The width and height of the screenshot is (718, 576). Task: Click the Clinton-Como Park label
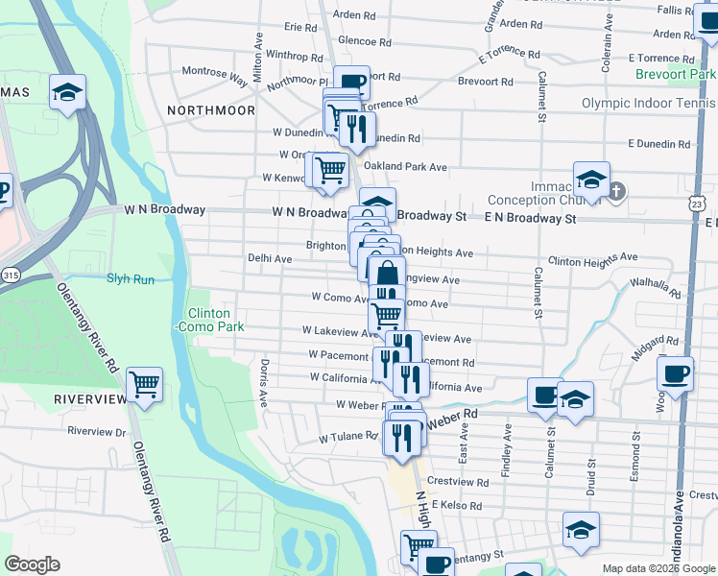tap(208, 321)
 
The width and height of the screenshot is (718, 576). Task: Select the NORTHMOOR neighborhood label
tap(210, 110)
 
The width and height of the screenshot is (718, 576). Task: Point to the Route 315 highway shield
tap(10, 276)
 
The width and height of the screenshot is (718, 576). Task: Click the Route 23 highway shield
tap(698, 204)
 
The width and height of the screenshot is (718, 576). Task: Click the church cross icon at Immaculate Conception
tap(616, 191)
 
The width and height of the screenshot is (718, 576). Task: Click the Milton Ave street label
tap(257, 60)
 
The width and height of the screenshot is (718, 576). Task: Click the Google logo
tap(32, 564)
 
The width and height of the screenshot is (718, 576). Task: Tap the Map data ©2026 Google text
tap(658, 568)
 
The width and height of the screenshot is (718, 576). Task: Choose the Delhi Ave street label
tap(270, 258)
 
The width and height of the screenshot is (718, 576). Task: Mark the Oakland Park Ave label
tap(405, 167)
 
